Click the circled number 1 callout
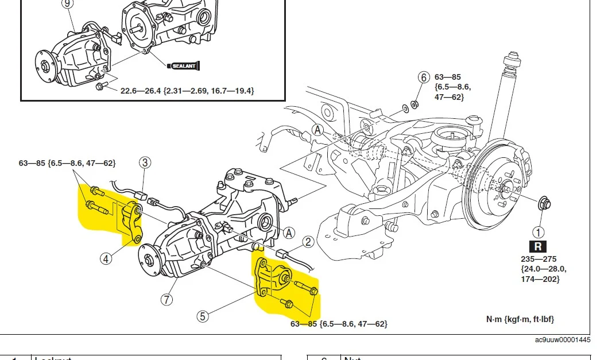(538, 233)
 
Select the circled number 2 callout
(308, 242)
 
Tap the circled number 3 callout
(145, 162)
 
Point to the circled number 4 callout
(106, 258)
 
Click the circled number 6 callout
(424, 77)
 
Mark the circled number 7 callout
(167, 299)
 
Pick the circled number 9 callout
(68, 3)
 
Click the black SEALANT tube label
(184, 66)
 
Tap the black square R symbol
(538, 247)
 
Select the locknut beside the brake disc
(544, 203)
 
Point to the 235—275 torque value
(538, 259)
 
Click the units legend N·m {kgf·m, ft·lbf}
(520, 319)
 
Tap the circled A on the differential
(289, 232)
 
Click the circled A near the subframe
(317, 130)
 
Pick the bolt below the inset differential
(100, 87)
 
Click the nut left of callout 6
(416, 104)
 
